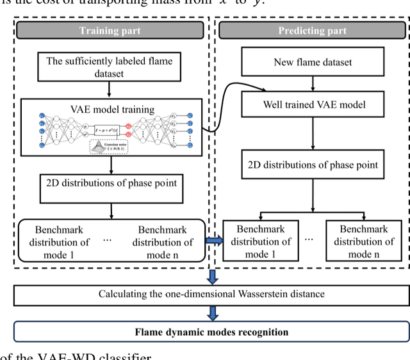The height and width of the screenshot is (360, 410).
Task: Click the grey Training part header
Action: pos(110,31)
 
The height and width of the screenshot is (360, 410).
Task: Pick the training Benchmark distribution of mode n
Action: pos(163,241)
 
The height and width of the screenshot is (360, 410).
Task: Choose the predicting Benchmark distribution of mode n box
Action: pos(363,241)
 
